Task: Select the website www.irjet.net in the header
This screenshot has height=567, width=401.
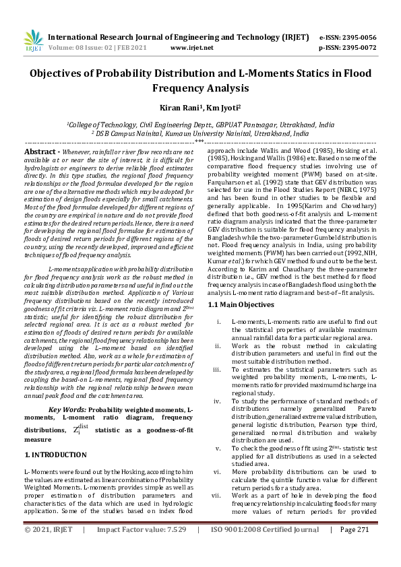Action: [192, 48]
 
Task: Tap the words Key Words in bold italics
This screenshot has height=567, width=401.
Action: [67, 409]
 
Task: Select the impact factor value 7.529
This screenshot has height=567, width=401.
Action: [172, 549]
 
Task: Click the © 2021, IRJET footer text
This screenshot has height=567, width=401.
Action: [48, 549]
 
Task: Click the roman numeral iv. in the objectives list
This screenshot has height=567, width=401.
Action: [217, 401]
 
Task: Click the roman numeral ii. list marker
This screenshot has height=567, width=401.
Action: [217, 345]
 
